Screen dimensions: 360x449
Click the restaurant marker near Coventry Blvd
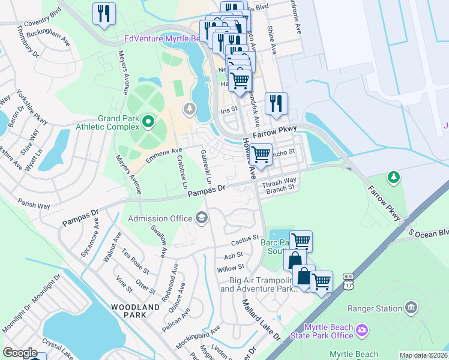coord(104,14)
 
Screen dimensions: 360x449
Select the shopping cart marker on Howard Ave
coord(260,155)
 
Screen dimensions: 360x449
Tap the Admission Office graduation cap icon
coord(202,218)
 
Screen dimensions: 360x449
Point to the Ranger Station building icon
coord(411,308)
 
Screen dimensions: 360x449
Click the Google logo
coord(20,353)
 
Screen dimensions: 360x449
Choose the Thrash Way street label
coord(281,180)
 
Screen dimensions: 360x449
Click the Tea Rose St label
coord(135,259)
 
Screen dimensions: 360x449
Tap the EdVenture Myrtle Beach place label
coord(161,38)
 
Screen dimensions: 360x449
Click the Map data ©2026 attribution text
coord(423,355)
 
